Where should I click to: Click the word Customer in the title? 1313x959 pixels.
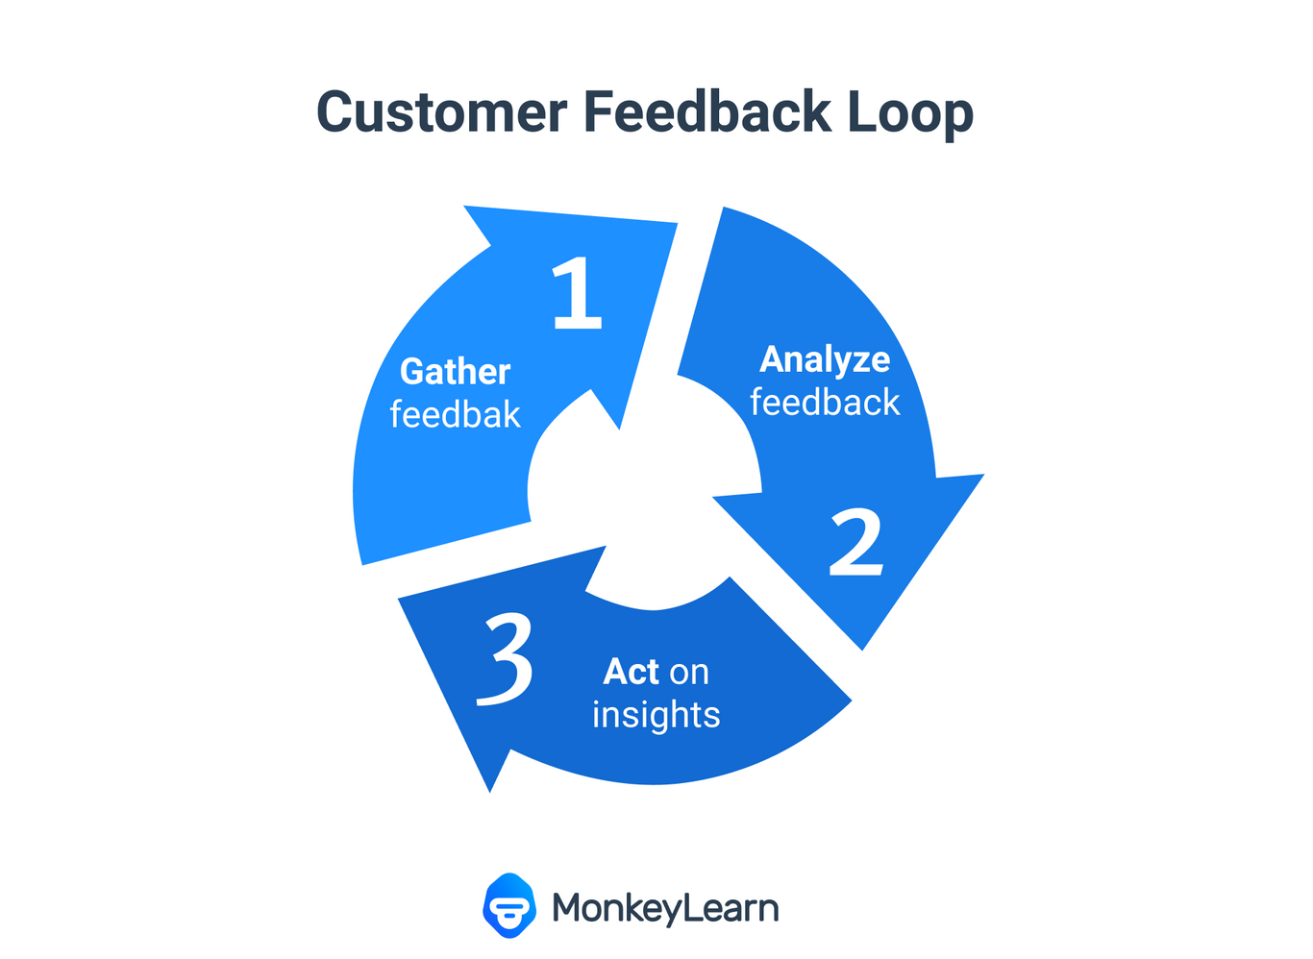tap(441, 111)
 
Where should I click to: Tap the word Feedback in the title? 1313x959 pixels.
tap(706, 111)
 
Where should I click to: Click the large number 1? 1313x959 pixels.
tap(578, 293)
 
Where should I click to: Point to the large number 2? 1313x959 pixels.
tap(855, 543)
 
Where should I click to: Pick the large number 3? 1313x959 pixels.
tap(507, 661)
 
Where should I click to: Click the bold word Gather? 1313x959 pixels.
tap(455, 372)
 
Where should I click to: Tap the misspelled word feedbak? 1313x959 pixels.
tap(455, 415)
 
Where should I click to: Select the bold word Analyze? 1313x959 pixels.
tap(825, 359)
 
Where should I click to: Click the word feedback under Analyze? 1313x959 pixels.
tap(825, 403)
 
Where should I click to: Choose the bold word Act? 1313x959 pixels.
tap(631, 672)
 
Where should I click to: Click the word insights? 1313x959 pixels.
tap(656, 715)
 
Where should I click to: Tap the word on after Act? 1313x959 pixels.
tap(689, 673)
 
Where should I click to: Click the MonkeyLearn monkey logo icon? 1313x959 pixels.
tap(509, 905)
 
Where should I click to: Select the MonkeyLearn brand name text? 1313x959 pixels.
tap(665, 908)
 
